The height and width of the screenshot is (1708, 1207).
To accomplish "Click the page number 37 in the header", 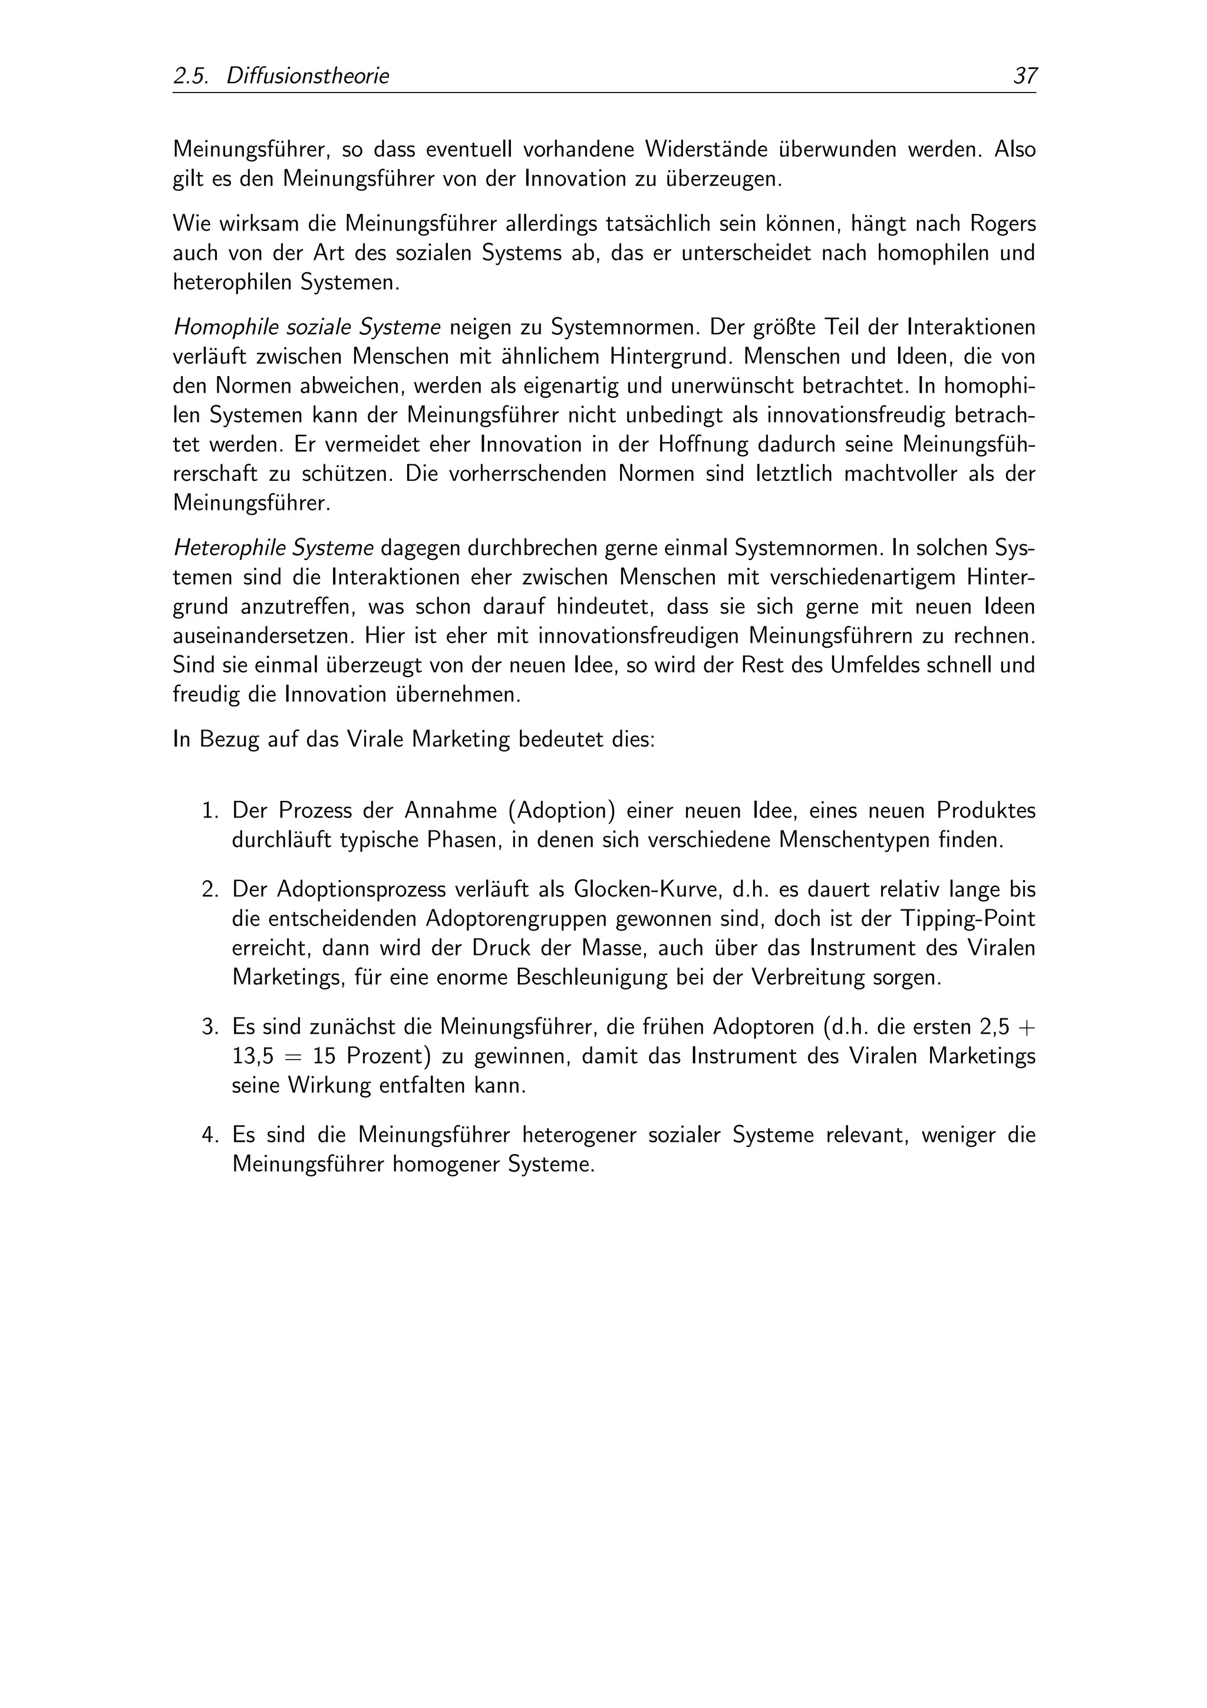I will [x=1025, y=76].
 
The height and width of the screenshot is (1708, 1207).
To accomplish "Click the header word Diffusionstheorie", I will [x=307, y=76].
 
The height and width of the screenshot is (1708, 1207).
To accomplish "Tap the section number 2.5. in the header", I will [x=190, y=76].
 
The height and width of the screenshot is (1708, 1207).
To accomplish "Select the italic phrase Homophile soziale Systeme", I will [x=306, y=327].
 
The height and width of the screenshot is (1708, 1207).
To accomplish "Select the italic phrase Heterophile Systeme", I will [x=273, y=548].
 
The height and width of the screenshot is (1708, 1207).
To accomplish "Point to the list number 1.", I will [x=210, y=810].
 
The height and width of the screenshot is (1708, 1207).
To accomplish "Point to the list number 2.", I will [x=210, y=890].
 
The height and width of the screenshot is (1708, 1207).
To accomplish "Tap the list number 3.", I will [x=210, y=1027].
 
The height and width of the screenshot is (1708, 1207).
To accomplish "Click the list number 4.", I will [x=210, y=1135].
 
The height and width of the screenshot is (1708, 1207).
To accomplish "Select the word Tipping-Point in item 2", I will [x=968, y=919].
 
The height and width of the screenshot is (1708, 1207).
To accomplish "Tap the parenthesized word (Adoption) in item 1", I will [x=562, y=810].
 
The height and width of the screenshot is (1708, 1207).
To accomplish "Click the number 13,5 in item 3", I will [x=253, y=1056].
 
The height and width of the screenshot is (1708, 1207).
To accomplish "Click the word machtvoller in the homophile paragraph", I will [x=901, y=474].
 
